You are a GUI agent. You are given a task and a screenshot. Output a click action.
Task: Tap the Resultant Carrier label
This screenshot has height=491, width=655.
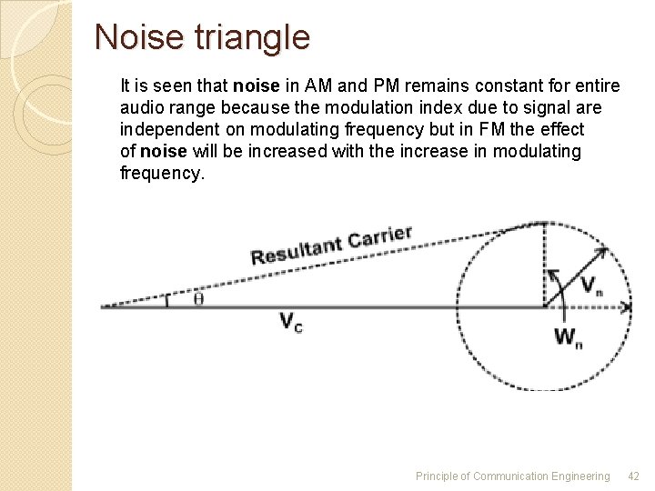[331, 245]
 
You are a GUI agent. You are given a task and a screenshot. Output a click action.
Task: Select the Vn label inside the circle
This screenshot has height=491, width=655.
[591, 286]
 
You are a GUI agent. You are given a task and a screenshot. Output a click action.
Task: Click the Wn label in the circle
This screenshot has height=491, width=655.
[569, 337]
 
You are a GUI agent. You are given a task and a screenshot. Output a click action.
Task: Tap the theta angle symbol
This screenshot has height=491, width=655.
[198, 298]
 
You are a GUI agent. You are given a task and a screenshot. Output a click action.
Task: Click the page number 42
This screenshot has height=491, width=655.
[634, 476]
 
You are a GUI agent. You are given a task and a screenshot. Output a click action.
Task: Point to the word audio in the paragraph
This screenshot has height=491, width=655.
[141, 108]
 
